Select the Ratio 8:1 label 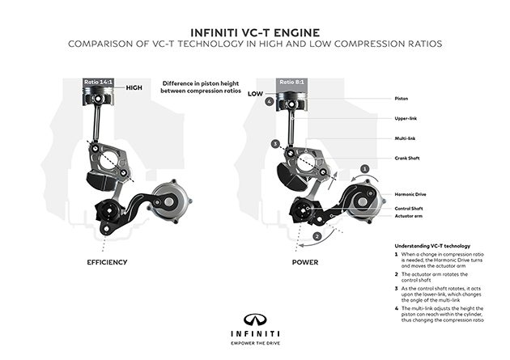point(293,82)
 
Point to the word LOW point(256,94)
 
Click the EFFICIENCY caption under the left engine point(110,264)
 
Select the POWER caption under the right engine point(306,264)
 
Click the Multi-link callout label point(405,138)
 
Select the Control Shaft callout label point(409,208)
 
